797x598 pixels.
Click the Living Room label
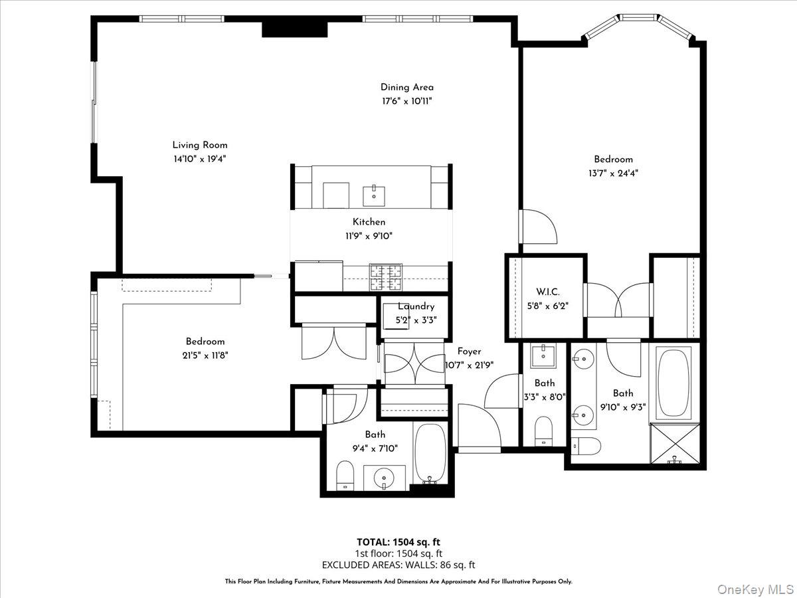coord(200,145)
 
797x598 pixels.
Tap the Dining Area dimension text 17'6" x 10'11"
coord(407,101)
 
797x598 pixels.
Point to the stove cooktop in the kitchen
coord(386,277)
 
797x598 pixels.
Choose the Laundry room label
coord(416,306)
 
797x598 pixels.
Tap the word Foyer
coord(469,351)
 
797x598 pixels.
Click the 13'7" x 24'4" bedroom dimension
coord(613,173)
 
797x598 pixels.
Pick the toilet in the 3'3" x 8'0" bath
coord(544,430)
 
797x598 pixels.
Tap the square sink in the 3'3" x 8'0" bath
coord(545,356)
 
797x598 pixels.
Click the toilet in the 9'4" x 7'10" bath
coord(345,476)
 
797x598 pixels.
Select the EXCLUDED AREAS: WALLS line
coord(398,565)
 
